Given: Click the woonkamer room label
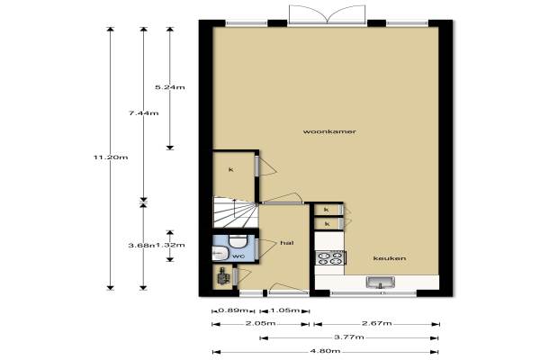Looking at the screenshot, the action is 329,131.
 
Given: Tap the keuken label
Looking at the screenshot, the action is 390,258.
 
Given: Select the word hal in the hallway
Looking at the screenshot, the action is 287,243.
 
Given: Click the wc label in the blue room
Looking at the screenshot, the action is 238,256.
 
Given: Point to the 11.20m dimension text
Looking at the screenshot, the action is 111,157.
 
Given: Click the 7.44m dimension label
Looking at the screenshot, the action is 144,113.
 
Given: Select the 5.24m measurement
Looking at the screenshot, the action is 170,87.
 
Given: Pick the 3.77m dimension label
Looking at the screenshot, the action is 349,337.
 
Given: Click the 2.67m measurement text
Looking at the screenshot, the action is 377,323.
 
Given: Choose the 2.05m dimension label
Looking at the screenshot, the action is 260,323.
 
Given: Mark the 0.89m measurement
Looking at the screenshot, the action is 233,310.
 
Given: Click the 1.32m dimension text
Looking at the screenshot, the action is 170,246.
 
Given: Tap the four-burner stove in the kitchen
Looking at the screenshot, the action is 330,258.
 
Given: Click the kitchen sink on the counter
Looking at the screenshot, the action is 381,282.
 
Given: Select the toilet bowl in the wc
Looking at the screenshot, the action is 238,241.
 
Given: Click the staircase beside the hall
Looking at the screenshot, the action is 236,211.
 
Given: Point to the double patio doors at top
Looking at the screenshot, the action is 327,14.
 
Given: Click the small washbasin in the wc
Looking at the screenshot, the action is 220,254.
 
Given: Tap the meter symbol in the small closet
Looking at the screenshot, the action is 223,275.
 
